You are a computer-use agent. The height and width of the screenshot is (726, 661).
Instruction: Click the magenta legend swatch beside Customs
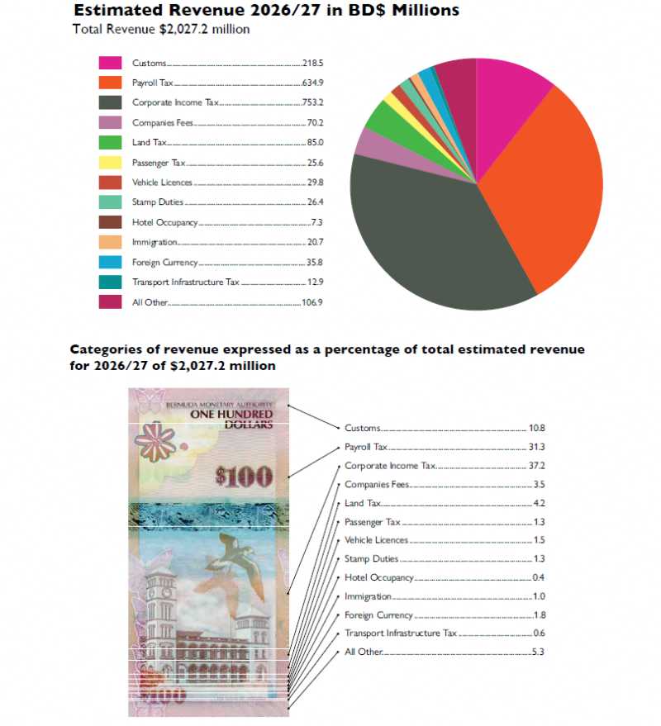pos(111,63)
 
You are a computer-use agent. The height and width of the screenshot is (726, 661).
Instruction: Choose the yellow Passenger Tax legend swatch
pos(111,163)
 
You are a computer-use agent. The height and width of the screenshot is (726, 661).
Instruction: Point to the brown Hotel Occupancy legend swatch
pos(111,222)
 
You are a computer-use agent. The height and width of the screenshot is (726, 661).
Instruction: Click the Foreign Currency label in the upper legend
pos(165,263)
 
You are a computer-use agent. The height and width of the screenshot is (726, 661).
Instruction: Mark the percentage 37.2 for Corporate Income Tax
pos(536,466)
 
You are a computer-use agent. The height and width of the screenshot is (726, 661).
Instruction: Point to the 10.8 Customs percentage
pos(536,428)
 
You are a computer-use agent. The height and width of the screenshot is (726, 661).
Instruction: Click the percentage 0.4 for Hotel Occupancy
pos(537,577)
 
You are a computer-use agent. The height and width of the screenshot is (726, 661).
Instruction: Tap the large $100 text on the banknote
pos(244,475)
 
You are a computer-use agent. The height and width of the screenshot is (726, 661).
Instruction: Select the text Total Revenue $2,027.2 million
pos(161,29)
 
